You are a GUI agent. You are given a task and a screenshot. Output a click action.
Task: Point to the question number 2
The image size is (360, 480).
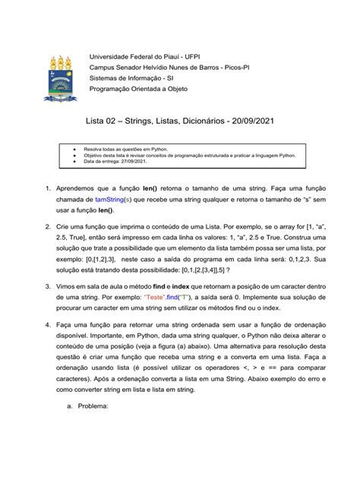[48, 227]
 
